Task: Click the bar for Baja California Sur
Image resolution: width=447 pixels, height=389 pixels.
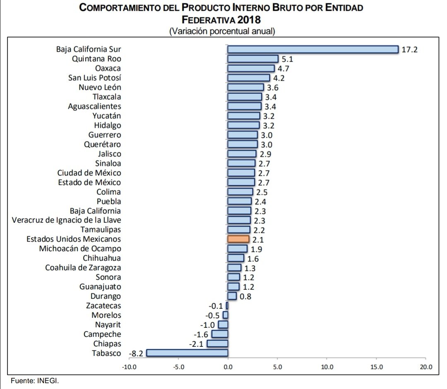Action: click(312, 50)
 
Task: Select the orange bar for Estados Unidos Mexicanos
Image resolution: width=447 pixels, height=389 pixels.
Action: click(238, 239)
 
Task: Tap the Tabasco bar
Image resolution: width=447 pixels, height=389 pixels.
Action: click(187, 353)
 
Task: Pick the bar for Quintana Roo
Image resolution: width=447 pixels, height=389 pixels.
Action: click(253, 59)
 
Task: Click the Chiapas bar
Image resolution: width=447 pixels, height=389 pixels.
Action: click(217, 344)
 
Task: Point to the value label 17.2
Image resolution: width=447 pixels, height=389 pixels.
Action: click(410, 50)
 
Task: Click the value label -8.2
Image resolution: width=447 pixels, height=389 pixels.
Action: click(136, 353)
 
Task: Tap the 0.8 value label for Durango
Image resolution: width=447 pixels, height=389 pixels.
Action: click(245, 296)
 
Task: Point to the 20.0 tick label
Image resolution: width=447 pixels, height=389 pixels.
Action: click(426, 367)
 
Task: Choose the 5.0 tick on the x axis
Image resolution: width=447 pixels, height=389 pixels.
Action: click(277, 367)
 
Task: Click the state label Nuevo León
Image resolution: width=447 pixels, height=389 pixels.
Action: click(100, 87)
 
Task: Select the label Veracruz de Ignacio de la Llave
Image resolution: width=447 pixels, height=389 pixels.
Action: click(67, 220)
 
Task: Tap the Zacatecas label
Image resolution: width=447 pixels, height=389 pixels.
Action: click(103, 306)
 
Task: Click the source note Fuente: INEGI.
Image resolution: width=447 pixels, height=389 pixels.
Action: click(35, 381)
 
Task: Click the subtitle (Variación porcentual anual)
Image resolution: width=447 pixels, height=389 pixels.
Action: click(222, 31)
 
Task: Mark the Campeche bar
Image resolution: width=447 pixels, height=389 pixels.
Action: click(219, 334)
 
